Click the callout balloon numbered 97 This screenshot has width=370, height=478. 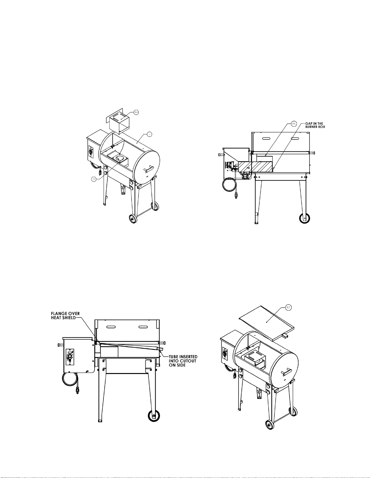pyautogui.click(x=288, y=308)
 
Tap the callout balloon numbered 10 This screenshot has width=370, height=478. pyautogui.click(x=94, y=179)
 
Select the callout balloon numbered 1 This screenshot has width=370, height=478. pyautogui.click(x=149, y=134)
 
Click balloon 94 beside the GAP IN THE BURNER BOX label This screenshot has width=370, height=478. pyautogui.click(x=294, y=124)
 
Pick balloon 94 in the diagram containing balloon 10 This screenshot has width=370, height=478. pyautogui.click(x=136, y=112)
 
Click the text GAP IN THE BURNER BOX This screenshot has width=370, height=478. pyautogui.click(x=315, y=125)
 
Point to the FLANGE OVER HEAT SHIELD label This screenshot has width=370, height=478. pyautogui.click(x=66, y=316)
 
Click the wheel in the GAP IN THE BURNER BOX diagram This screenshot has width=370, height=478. pyautogui.click(x=304, y=218)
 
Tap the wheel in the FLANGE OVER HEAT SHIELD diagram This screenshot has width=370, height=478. pyautogui.click(x=154, y=416)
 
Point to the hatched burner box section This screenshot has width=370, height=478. pyautogui.click(x=256, y=167)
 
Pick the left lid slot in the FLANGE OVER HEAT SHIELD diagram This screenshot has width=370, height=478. pyautogui.click(x=112, y=327)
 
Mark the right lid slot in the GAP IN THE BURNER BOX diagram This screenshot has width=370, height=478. pyautogui.click(x=296, y=138)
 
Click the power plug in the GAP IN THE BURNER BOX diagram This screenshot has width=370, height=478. pyautogui.click(x=236, y=195)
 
